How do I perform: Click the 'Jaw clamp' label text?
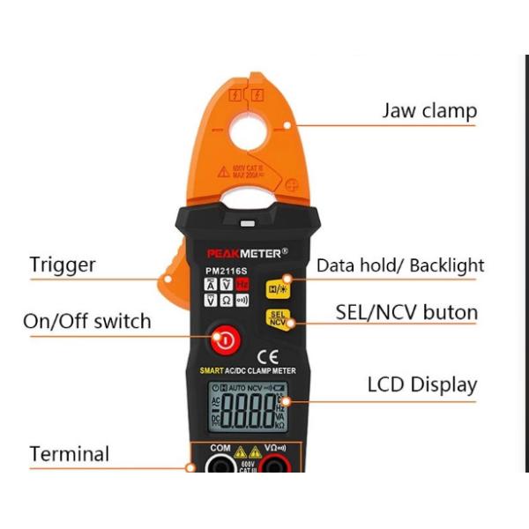[x=428, y=111]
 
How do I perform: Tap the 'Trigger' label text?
[x=63, y=264]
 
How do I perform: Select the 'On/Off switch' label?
[x=86, y=322]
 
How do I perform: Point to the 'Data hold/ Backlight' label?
[x=400, y=265]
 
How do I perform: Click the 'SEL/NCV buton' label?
[x=406, y=313]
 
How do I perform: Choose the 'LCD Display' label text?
[x=421, y=385]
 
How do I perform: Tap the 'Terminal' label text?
[x=70, y=455]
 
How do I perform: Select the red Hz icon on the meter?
[x=242, y=284]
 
